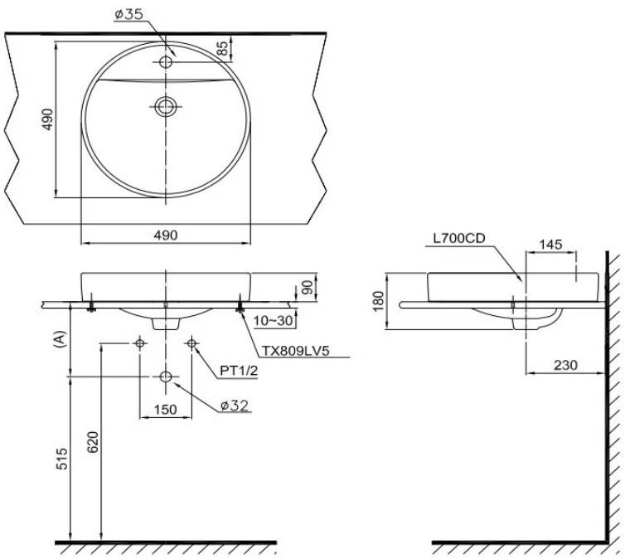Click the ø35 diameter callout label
[x=128, y=15]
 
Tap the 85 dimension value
[x=224, y=48]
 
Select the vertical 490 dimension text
[x=47, y=119]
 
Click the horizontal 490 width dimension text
[x=166, y=236]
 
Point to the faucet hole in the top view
[x=166, y=62]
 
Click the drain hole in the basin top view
[x=165, y=106]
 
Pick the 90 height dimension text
[x=308, y=288]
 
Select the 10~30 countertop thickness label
[x=273, y=321]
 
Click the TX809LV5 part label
[x=295, y=351]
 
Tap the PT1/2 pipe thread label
[x=239, y=371]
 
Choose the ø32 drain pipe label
[x=235, y=406]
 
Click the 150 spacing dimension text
[x=165, y=409]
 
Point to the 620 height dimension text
[x=93, y=442]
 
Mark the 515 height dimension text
[x=62, y=459]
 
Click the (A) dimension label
[x=59, y=340]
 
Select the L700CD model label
[x=459, y=238]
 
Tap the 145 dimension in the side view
[x=551, y=244]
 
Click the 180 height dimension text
[x=379, y=301]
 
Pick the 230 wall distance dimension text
[x=565, y=365]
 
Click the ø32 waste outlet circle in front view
[x=166, y=377]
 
